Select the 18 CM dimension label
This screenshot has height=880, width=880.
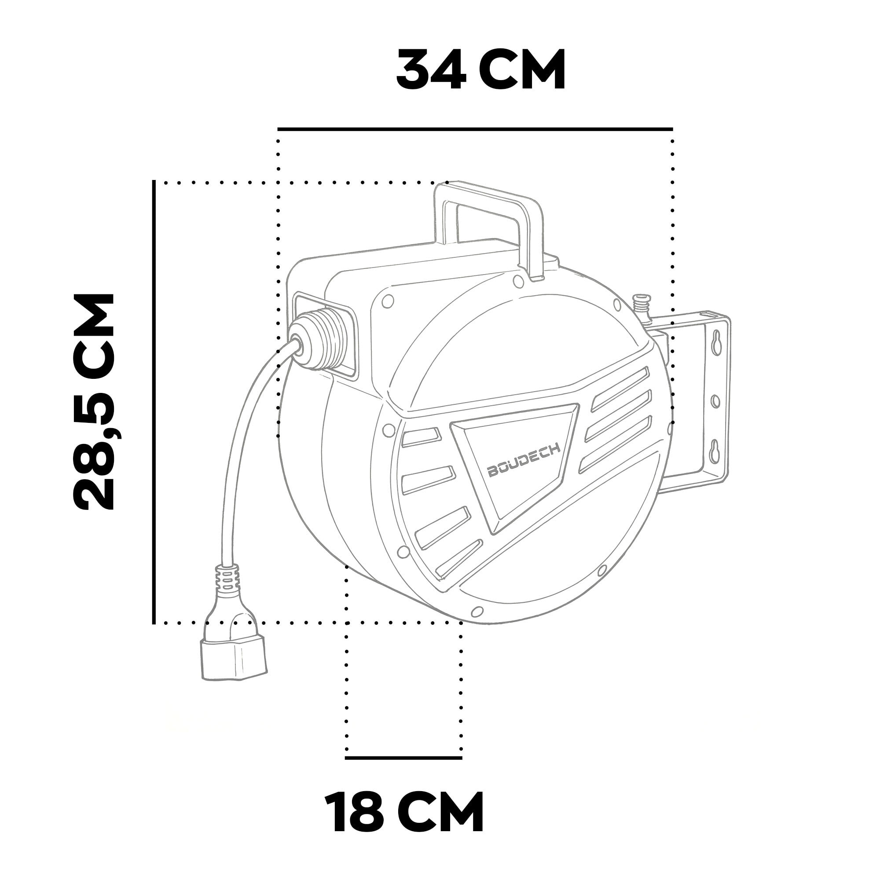(404, 813)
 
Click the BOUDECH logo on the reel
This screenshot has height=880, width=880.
(524, 461)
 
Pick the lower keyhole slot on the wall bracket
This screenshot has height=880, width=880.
(714, 451)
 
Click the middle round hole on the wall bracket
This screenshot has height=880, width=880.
(715, 401)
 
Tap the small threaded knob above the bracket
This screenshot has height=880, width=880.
(641, 302)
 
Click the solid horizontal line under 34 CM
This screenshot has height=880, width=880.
(475, 129)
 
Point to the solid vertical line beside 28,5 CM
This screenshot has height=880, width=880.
(154, 401)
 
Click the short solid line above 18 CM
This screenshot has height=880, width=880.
(403, 758)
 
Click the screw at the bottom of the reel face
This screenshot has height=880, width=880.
(477, 611)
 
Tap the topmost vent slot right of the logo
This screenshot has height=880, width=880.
(620, 389)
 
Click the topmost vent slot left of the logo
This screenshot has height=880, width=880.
(422, 437)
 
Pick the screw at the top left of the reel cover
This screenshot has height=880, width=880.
(388, 301)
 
